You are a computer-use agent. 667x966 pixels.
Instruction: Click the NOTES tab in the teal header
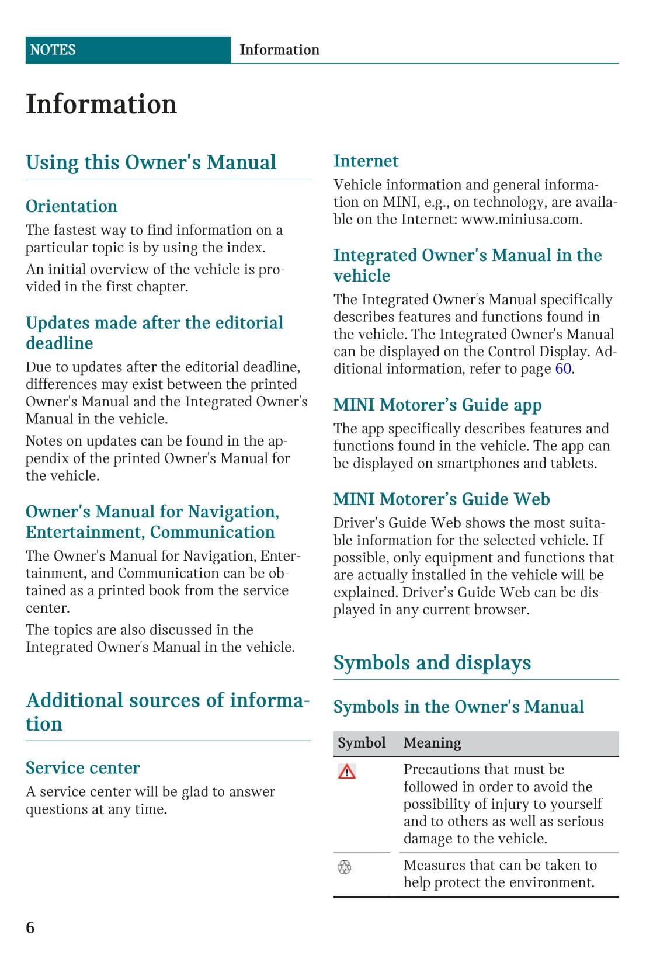53,50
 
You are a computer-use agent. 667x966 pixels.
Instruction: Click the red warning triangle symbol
346,772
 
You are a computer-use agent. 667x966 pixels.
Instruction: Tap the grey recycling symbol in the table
345,867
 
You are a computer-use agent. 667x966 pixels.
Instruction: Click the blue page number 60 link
563,369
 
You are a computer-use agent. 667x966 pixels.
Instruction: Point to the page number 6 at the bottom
30,927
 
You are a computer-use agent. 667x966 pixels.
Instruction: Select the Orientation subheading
71,206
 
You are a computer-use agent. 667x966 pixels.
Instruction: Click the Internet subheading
366,161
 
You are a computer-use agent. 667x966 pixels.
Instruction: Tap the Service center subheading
83,768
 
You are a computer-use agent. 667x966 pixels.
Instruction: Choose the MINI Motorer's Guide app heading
437,405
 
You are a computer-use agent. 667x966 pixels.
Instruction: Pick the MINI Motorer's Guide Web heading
442,499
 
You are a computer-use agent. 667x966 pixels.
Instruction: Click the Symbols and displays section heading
432,663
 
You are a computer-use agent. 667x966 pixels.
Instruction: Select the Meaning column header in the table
432,743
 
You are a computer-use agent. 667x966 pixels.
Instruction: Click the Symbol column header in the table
362,743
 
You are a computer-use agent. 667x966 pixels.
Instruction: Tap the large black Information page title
101,105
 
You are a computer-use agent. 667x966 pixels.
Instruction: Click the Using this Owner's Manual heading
151,162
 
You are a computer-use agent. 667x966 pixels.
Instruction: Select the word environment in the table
554,882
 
